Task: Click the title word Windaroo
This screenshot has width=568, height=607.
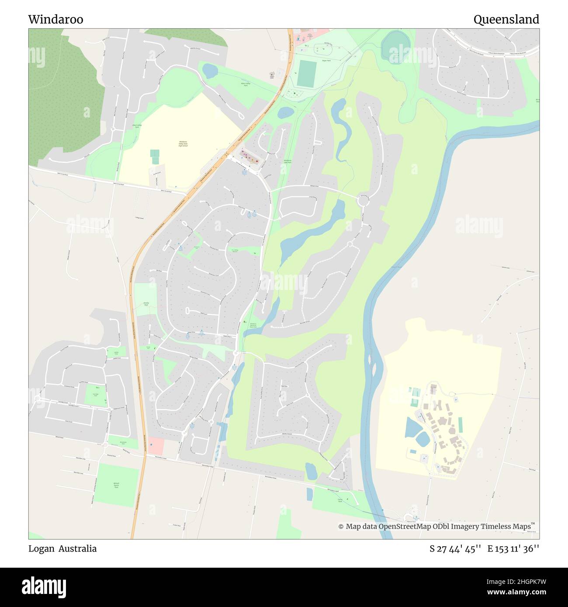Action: click(55, 20)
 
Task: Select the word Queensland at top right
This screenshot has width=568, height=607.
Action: click(506, 20)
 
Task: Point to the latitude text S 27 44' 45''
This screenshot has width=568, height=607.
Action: click(455, 549)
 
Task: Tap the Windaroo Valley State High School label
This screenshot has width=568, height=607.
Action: click(183, 143)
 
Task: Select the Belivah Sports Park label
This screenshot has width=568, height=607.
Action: click(117, 485)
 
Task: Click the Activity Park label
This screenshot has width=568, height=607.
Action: click(146, 303)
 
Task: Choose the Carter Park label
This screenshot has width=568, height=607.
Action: click(340, 500)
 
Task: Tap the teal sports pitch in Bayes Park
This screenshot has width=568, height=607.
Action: click(307, 73)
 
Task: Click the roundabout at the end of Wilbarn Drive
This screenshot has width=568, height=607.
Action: click(363, 201)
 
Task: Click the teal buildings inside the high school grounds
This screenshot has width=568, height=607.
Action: click(155, 157)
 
